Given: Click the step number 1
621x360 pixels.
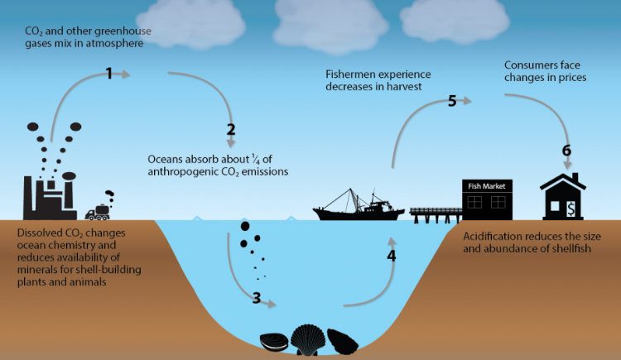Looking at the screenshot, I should click(x=108, y=74).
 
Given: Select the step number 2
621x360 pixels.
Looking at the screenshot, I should click(x=231, y=129).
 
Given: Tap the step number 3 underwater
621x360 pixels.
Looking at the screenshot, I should click(x=257, y=299).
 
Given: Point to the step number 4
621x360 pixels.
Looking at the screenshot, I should click(x=391, y=256).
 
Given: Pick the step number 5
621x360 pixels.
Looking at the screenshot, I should click(x=452, y=102).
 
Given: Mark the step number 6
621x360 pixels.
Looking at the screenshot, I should click(x=566, y=151).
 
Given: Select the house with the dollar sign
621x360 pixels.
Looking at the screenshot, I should click(x=564, y=196).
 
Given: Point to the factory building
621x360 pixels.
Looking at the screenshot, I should click(x=50, y=194).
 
